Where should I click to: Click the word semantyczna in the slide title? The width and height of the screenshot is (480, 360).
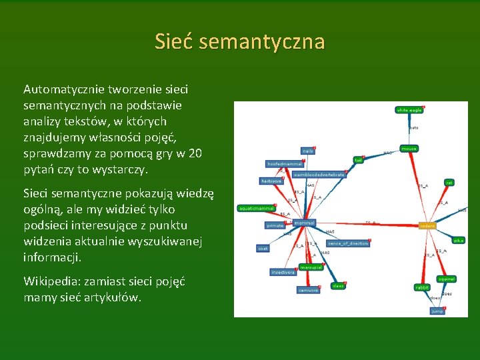(x=261, y=43)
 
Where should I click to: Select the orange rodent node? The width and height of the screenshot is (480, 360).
(x=427, y=226)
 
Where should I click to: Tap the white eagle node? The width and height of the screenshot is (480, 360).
(x=409, y=110)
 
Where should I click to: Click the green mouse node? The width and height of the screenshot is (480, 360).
(x=409, y=149)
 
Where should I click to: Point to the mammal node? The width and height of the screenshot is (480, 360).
(x=304, y=223)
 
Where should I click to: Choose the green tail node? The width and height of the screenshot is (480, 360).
(x=358, y=160)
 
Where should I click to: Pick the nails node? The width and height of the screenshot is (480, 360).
(x=307, y=151)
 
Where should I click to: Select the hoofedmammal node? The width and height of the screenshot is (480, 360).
(x=285, y=163)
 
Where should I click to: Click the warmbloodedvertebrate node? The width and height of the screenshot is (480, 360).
(x=319, y=175)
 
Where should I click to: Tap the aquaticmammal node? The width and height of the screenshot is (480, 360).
(x=256, y=209)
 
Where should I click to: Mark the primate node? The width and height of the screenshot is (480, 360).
(x=275, y=226)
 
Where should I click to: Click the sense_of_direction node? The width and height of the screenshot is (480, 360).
(x=347, y=243)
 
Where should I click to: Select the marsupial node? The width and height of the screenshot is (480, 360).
(x=311, y=267)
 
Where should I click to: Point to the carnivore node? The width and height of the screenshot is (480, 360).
(x=308, y=291)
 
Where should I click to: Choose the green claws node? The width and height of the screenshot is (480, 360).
(x=339, y=286)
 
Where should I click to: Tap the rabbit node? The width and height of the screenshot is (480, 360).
(x=422, y=287)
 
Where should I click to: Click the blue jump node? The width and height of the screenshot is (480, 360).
(x=437, y=311)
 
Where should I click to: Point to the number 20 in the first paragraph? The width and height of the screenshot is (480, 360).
(x=194, y=153)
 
